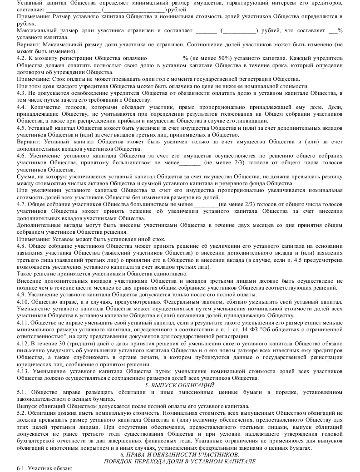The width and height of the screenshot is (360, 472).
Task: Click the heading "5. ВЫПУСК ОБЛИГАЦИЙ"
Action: point(180,385)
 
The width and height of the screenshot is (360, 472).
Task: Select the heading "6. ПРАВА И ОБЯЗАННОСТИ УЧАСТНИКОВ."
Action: point(180,454)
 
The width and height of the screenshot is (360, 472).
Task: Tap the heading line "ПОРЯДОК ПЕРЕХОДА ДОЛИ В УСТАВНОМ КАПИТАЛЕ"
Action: point(180,461)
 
